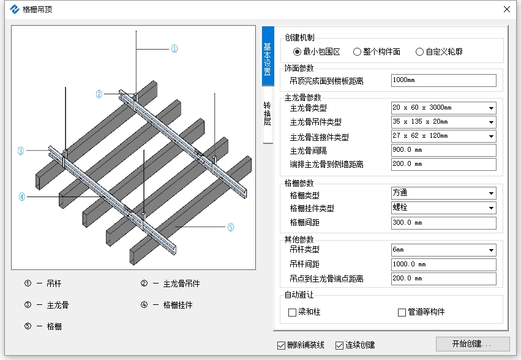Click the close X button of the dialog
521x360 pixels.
pyautogui.click(x=507, y=9)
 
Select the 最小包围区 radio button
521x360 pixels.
pyautogui.click(x=297, y=52)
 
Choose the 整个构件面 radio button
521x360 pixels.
pyautogui.click(x=357, y=52)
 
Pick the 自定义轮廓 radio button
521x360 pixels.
pyautogui.click(x=419, y=52)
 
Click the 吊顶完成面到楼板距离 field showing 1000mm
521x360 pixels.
pyautogui.click(x=444, y=80)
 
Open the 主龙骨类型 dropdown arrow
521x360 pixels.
pyautogui.click(x=491, y=108)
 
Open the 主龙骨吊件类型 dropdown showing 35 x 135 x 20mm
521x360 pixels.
pyautogui.click(x=444, y=122)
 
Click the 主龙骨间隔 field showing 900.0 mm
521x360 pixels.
pyautogui.click(x=444, y=150)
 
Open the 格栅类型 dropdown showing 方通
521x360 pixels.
pyautogui.click(x=444, y=193)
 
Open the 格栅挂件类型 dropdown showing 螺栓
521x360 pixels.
pyautogui.click(x=444, y=208)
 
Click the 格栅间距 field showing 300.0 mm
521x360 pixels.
pyautogui.click(x=444, y=223)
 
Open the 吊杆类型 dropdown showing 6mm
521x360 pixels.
pyautogui.click(x=444, y=250)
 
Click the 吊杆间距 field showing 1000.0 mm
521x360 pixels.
pyautogui.click(x=444, y=264)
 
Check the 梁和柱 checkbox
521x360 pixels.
pyautogui.click(x=293, y=312)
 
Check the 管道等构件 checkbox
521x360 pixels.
pyautogui.click(x=402, y=312)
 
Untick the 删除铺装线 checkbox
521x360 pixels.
pyautogui.click(x=281, y=346)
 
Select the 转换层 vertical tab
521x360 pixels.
pyautogui.click(x=268, y=114)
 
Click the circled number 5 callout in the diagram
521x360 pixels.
pyautogui.click(x=231, y=227)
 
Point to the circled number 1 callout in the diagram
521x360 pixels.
pyautogui.click(x=174, y=49)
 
